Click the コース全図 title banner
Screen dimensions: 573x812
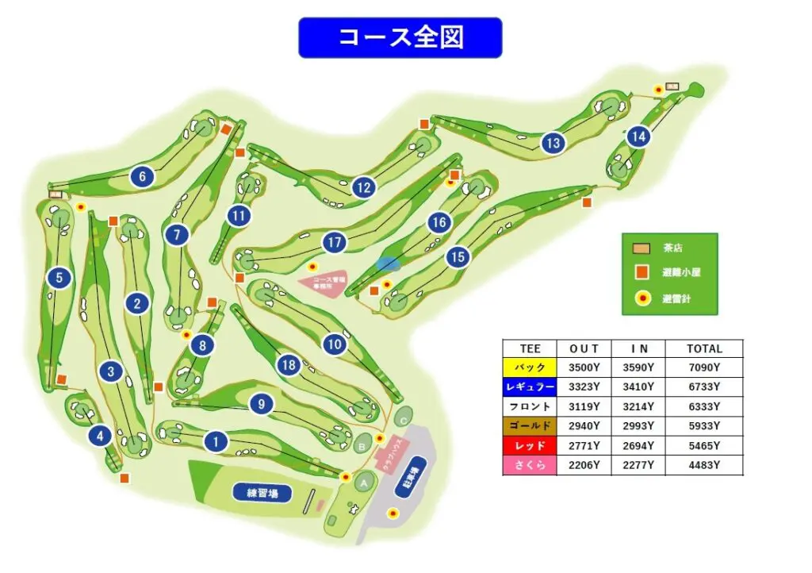(x=400, y=37)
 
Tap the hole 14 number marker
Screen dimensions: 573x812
(x=638, y=137)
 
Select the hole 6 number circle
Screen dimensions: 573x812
(x=143, y=176)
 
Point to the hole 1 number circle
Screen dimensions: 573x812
(x=216, y=441)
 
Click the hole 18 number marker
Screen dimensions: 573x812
(x=289, y=365)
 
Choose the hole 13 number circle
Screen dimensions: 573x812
(x=553, y=144)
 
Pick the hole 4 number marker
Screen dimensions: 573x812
(x=100, y=436)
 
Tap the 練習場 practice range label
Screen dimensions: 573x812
(x=262, y=492)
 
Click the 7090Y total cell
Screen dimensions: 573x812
(x=704, y=367)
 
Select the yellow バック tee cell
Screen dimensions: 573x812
(x=530, y=367)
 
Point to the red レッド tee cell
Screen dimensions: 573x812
(x=530, y=445)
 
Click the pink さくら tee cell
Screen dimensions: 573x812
(x=530, y=465)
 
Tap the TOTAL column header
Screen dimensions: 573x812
(x=704, y=348)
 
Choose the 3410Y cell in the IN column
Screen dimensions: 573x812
(x=638, y=387)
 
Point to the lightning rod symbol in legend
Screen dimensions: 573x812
(x=644, y=298)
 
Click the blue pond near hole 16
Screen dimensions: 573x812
(x=388, y=263)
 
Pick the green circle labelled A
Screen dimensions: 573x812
(x=365, y=482)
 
